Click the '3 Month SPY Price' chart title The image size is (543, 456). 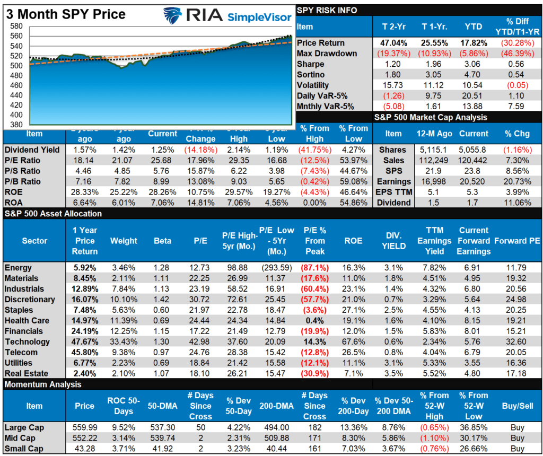tap(66, 14)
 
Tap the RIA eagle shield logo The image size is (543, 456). tap(172, 16)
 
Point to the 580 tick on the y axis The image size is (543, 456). tap(16, 26)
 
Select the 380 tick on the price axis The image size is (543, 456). tap(16, 125)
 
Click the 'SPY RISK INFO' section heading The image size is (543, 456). tap(327, 10)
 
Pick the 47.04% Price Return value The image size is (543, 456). tap(395, 43)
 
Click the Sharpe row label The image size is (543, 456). tap(310, 64)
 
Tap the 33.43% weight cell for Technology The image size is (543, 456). tap(124, 341)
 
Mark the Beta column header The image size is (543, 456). tap(162, 241)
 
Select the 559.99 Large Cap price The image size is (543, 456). tap(85, 427)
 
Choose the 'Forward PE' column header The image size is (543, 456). tap(517, 241)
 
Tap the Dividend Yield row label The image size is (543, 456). tap(32, 150)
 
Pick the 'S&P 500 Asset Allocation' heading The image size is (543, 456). tap(53, 214)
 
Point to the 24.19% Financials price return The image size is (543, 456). tap(85, 331)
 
